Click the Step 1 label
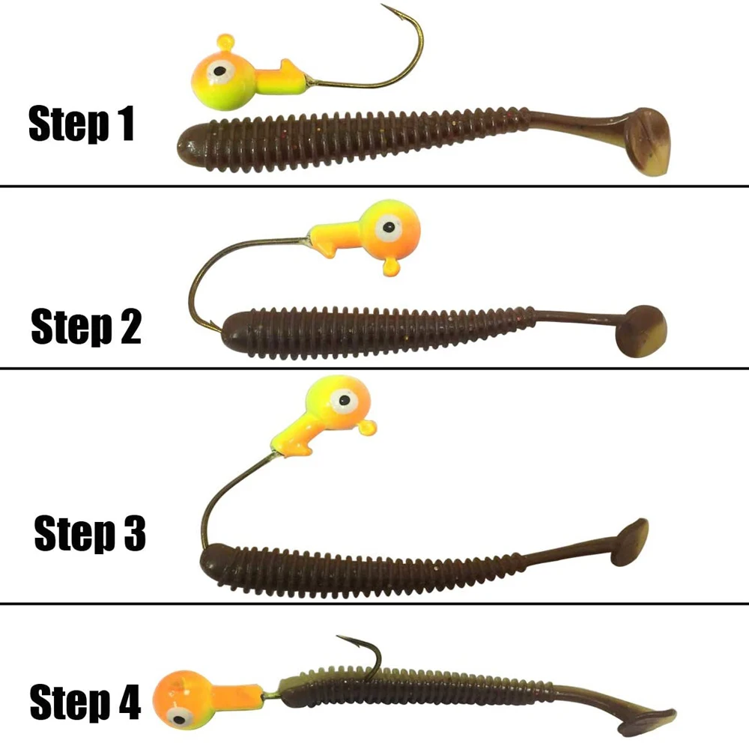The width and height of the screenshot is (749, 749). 81,124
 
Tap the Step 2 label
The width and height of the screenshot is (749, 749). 86,327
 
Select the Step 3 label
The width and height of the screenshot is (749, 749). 90,533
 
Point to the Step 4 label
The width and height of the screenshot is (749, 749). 85,701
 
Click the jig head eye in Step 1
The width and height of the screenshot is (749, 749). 219,72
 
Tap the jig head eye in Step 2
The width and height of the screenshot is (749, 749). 389,226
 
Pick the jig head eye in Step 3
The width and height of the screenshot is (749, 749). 344,400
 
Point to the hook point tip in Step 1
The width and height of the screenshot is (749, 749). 381,4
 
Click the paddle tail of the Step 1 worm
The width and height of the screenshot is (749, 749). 645,142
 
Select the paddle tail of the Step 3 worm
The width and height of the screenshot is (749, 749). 630,542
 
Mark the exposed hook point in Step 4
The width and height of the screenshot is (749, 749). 338,637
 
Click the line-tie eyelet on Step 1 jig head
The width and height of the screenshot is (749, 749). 225,42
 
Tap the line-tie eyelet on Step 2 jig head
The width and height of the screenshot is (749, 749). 391,267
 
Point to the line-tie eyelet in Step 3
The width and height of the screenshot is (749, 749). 367,427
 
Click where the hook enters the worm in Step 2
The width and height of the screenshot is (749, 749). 221,329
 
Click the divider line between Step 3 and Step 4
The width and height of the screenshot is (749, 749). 374,604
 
